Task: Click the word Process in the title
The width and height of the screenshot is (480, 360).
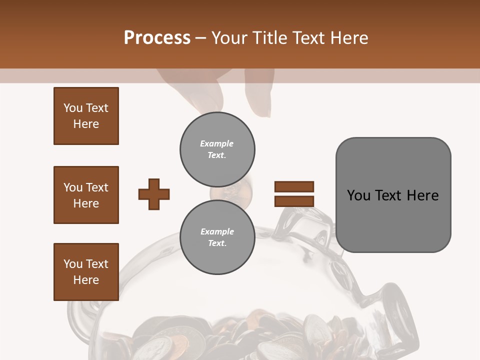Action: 157,38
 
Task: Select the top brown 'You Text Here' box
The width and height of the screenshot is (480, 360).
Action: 86,116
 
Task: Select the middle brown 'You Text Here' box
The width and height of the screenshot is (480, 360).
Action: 86,195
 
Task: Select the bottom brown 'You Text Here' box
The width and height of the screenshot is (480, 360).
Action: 86,272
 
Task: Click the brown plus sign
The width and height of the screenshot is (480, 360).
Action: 154,194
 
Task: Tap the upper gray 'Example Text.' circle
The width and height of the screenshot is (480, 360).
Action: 217,149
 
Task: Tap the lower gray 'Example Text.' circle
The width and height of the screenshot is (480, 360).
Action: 217,237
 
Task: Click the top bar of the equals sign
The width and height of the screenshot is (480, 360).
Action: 294,186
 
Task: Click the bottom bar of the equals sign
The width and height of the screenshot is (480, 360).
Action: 294,201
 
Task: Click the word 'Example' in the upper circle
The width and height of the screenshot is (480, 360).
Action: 217,143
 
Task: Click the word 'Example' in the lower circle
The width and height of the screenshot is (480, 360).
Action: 217,231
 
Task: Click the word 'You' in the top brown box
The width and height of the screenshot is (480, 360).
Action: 72,108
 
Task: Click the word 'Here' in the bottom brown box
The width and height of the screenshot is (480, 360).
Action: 86,280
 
